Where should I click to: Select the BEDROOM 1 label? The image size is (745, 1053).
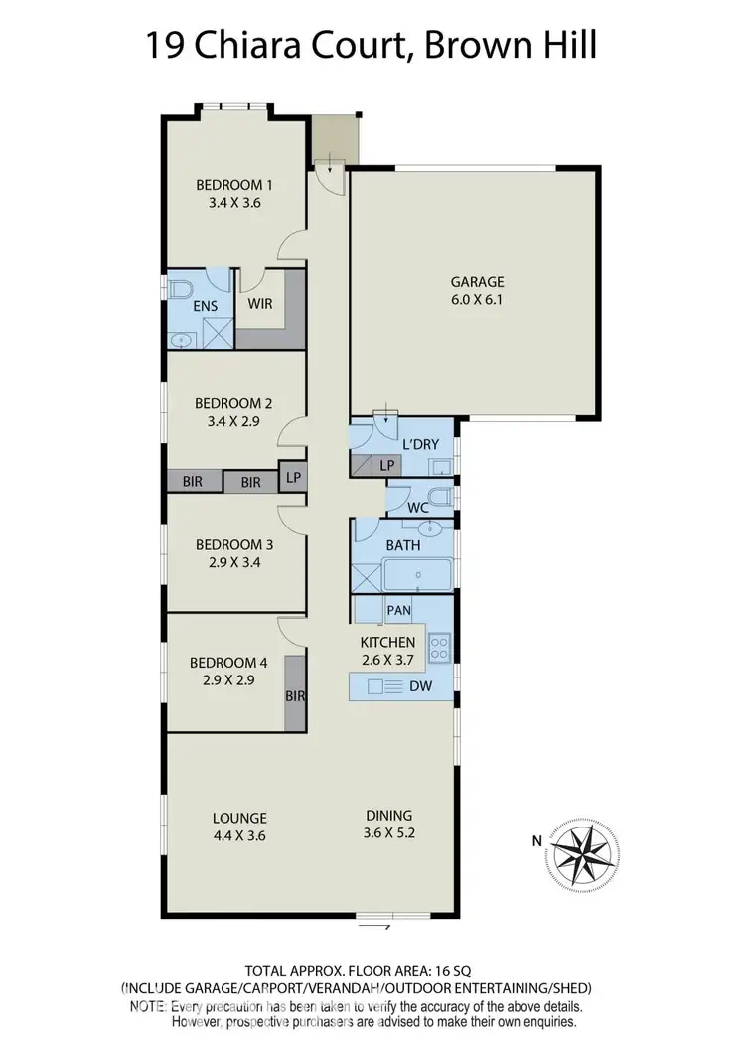coord(233,185)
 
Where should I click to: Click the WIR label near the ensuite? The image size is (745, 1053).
coord(261,304)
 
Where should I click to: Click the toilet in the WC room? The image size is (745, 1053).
coord(441,498)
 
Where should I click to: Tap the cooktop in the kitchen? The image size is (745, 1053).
coord(438,649)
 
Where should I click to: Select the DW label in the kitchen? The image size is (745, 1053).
coord(421,686)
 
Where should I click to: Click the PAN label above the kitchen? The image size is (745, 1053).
coord(398,611)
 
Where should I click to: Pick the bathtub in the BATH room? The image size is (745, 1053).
coord(417,575)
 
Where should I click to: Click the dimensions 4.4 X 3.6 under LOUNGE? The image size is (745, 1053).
coord(239,835)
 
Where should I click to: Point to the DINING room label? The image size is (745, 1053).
coord(388,816)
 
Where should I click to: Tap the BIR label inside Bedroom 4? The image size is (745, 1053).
coord(295,696)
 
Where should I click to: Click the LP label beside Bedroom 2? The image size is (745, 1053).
coord(293,478)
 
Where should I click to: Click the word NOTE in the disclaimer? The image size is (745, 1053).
coord(148,1006)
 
